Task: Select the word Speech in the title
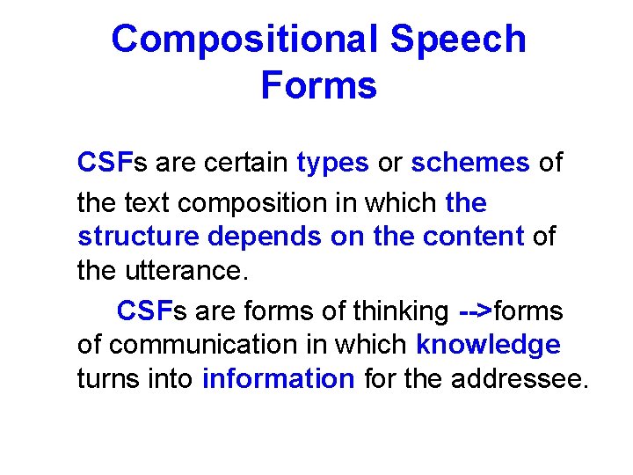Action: click(458, 40)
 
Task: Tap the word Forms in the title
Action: click(318, 86)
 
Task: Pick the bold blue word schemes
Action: click(470, 163)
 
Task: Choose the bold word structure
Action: click(137, 237)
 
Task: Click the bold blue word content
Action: click(474, 237)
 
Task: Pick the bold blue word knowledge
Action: click(488, 346)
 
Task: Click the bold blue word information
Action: click(278, 379)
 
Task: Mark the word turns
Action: click(105, 379)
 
